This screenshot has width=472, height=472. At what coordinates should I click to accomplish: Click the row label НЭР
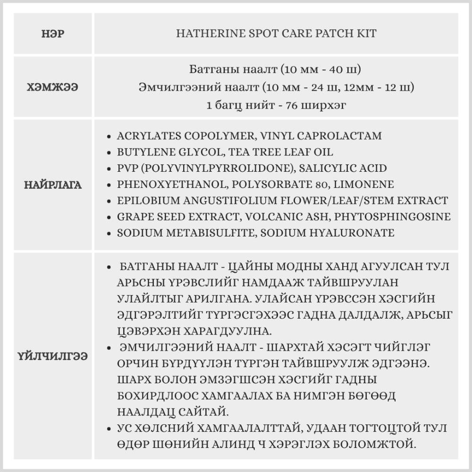pos(53,34)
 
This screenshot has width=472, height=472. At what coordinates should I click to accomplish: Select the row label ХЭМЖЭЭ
pos(53,87)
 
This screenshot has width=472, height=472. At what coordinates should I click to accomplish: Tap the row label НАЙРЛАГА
pos(53,185)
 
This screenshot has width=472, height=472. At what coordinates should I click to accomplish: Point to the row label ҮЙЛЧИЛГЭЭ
pos(53,355)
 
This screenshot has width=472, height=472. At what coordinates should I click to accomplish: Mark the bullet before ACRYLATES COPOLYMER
pos(110,136)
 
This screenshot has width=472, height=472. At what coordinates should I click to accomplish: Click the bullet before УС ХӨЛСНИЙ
pos(110,429)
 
